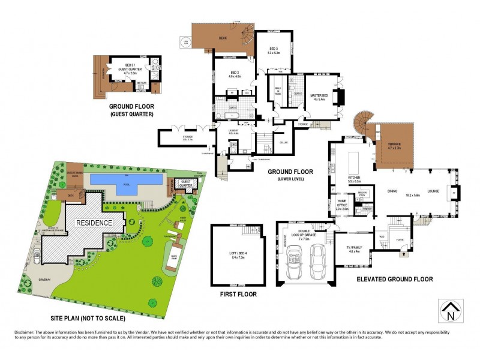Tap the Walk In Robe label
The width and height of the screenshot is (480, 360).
tap(278, 94)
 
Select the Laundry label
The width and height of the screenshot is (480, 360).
tap(233, 131)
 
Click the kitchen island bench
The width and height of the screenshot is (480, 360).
tap(353, 161)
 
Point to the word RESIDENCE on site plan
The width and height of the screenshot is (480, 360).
tap(94, 223)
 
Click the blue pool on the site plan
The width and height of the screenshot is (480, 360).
tap(126, 179)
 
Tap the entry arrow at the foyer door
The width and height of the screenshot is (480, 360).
tap(403, 253)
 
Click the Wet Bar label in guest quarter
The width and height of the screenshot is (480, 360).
tap(142, 83)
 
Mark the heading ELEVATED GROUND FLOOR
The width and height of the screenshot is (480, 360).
tap(395, 280)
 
